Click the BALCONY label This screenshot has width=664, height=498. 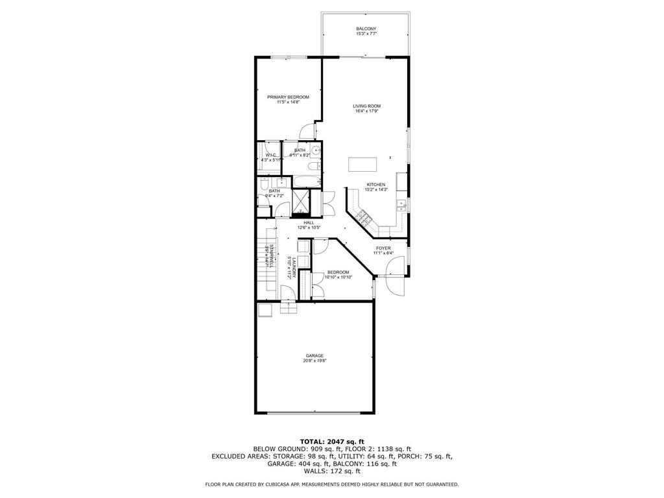(366, 29)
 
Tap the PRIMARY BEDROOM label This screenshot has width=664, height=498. (288, 97)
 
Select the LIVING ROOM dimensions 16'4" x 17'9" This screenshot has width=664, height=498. (366, 111)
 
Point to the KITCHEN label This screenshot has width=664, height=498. (376, 184)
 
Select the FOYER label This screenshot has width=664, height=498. (383, 248)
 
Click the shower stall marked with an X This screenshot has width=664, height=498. (302, 201)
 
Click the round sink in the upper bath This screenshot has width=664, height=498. (316, 152)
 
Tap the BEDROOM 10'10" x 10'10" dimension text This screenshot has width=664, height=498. (338, 278)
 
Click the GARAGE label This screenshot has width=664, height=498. (315, 355)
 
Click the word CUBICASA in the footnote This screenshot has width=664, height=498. (275, 484)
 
